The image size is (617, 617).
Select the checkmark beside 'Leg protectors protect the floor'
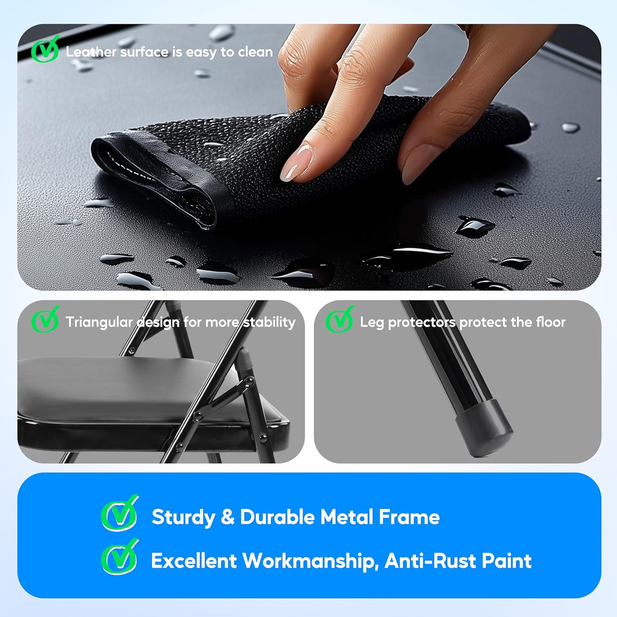point(339,321)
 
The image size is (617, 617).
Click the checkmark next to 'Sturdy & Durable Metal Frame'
point(119,514)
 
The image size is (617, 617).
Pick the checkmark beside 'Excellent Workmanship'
point(119,558)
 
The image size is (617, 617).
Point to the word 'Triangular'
point(99,322)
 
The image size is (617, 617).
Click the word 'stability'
point(269,322)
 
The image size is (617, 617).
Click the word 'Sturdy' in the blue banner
point(183,517)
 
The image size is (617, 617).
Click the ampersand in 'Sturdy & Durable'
point(227,517)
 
